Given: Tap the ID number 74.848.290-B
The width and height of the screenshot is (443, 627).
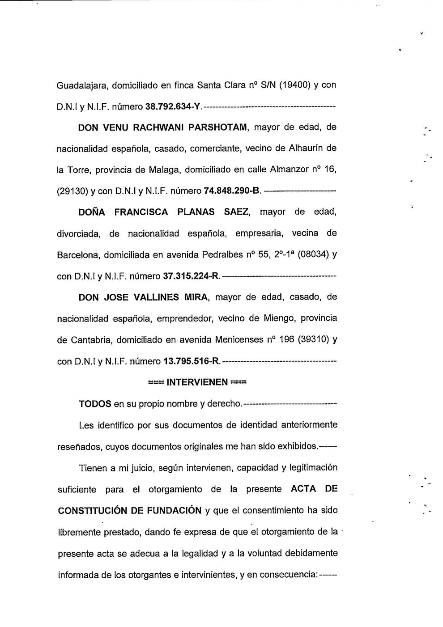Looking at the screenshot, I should (232, 191).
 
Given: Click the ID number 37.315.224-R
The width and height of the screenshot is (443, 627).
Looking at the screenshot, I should (191, 276).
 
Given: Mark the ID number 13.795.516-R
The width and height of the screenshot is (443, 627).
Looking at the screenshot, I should (191, 361).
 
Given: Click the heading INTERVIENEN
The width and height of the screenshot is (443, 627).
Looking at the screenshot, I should (197, 383).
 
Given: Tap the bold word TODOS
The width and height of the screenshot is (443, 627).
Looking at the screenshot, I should (95, 404).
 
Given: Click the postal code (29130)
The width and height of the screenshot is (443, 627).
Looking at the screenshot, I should (72, 191).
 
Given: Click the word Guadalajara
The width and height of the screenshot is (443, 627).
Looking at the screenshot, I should (82, 85).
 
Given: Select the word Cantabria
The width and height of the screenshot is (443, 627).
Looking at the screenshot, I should (91, 340).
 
